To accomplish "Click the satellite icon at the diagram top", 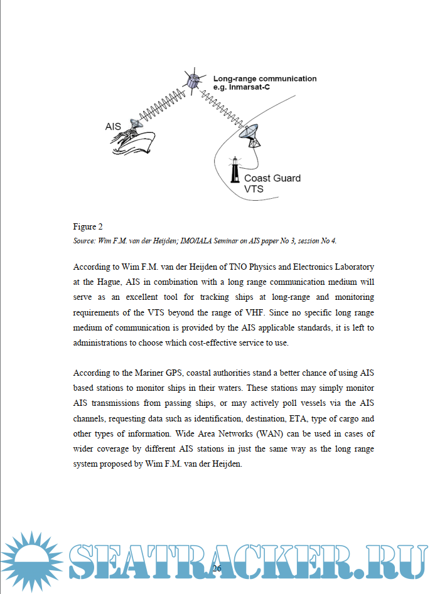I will pyautogui.click(x=193, y=80).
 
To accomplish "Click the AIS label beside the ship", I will pyautogui.click(x=113, y=127).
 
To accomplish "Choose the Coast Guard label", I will pyautogui.click(x=272, y=178).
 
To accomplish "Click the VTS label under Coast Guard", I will pyautogui.click(x=254, y=189).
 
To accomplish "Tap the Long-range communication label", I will pyautogui.click(x=264, y=79).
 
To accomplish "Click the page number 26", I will pyautogui.click(x=217, y=568).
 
